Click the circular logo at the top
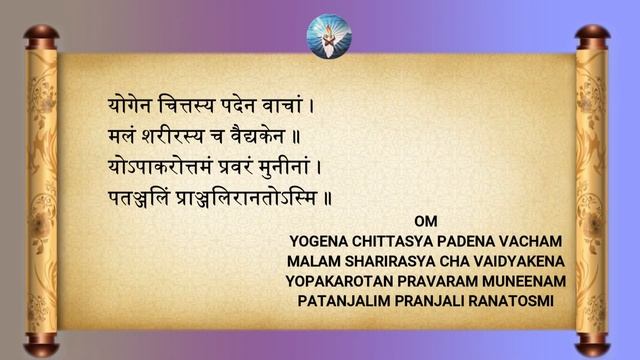tap(329, 35)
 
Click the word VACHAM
tap(537, 241)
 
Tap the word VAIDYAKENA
tap(511, 261)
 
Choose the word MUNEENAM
tap(524, 281)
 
